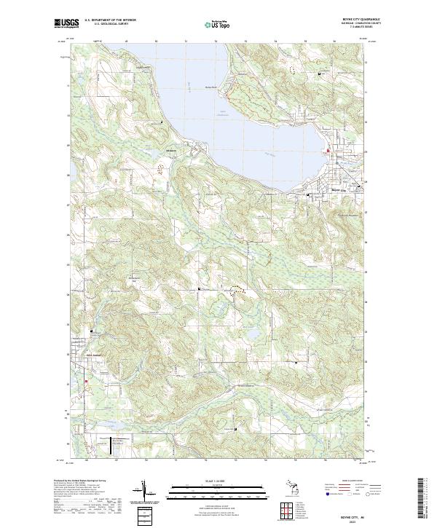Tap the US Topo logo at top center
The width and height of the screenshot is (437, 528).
pos(210,23)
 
